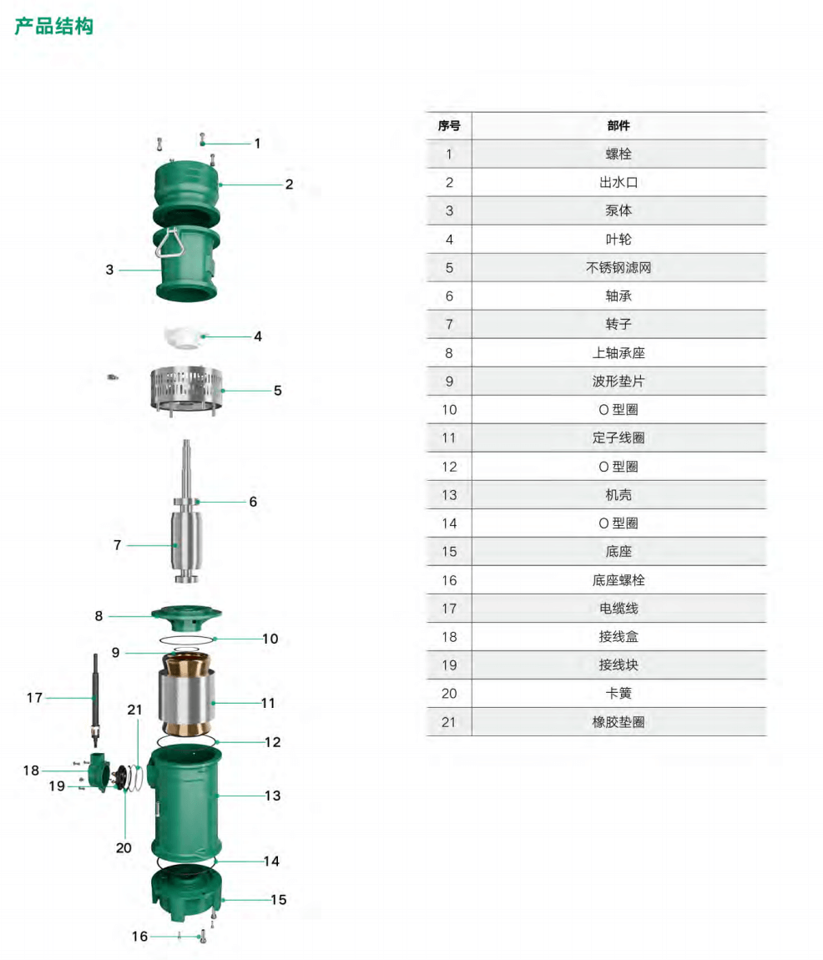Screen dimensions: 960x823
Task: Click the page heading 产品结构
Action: (x=54, y=27)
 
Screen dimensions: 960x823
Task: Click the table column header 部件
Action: (x=618, y=126)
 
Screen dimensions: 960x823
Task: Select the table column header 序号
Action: (x=449, y=126)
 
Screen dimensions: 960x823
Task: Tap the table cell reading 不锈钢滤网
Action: (x=618, y=268)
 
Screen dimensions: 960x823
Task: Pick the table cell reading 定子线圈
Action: (x=618, y=438)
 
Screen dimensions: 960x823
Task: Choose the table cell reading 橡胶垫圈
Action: (x=618, y=722)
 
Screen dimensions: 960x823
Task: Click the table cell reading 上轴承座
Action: (x=618, y=353)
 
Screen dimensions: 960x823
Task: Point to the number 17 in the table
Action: (x=449, y=609)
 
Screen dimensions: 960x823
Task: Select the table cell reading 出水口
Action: (x=618, y=183)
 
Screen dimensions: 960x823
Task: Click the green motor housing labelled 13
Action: (x=185, y=801)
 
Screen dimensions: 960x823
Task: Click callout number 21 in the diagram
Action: (x=134, y=710)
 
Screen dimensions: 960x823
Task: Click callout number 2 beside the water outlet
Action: (x=289, y=184)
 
